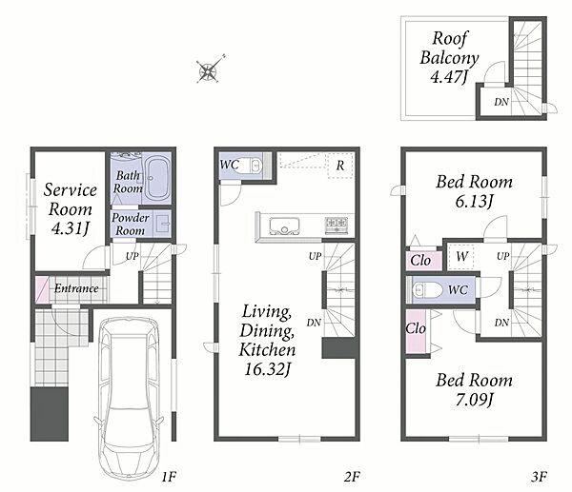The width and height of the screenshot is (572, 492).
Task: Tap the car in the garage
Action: (x=129, y=398)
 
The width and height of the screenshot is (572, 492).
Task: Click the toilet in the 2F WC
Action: (x=254, y=165)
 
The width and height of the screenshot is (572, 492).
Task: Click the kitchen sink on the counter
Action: (x=284, y=226)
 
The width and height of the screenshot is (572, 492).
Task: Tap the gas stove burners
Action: (x=337, y=224)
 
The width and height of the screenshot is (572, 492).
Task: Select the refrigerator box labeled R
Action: (x=340, y=166)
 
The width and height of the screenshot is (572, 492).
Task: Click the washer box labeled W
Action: (x=460, y=256)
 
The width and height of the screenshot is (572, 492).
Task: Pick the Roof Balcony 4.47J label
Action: (x=449, y=57)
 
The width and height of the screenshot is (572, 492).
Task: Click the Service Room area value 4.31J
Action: (x=71, y=228)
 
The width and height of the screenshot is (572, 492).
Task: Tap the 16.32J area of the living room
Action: (x=267, y=369)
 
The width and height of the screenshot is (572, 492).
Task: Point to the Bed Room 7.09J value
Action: (x=474, y=400)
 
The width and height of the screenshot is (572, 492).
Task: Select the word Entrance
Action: (x=76, y=288)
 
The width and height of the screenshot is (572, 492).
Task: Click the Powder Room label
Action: (x=131, y=224)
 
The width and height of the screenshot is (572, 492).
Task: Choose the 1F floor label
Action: (x=169, y=476)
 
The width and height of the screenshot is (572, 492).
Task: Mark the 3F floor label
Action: (x=539, y=476)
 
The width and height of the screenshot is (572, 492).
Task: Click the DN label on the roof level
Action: (x=501, y=103)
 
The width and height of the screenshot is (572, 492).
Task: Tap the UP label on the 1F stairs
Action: (x=133, y=256)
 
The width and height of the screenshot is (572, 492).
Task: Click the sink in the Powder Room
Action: (x=164, y=223)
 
